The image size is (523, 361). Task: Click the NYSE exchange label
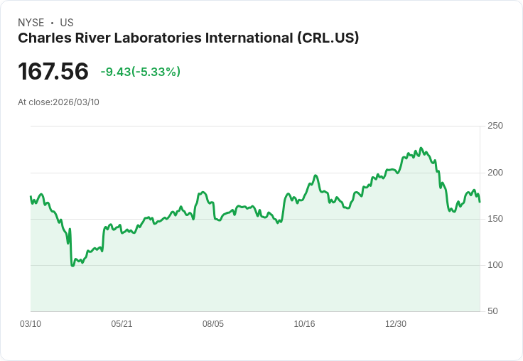click(x=31, y=23)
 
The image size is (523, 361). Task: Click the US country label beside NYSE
click(x=67, y=23)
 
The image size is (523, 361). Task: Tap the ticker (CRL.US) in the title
click(x=328, y=38)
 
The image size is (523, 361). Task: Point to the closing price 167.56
click(x=53, y=71)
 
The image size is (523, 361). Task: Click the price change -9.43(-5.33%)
click(x=141, y=72)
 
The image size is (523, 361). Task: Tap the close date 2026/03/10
click(x=76, y=102)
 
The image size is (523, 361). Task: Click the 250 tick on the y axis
click(x=495, y=126)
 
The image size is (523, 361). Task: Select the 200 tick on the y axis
click(x=495, y=172)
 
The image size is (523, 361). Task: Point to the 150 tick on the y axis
click(x=495, y=218)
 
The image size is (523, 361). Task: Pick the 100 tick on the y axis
click(x=495, y=264)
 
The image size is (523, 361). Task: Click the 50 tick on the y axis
click(x=492, y=311)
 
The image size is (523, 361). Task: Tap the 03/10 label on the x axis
click(x=31, y=324)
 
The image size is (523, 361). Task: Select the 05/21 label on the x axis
click(x=122, y=324)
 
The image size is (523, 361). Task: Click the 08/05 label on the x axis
click(x=213, y=324)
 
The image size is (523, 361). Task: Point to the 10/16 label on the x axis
click(x=304, y=324)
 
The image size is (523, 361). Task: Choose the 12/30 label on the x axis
click(x=396, y=324)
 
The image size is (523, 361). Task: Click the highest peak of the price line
click(x=421, y=149)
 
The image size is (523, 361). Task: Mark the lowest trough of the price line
click(x=72, y=265)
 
